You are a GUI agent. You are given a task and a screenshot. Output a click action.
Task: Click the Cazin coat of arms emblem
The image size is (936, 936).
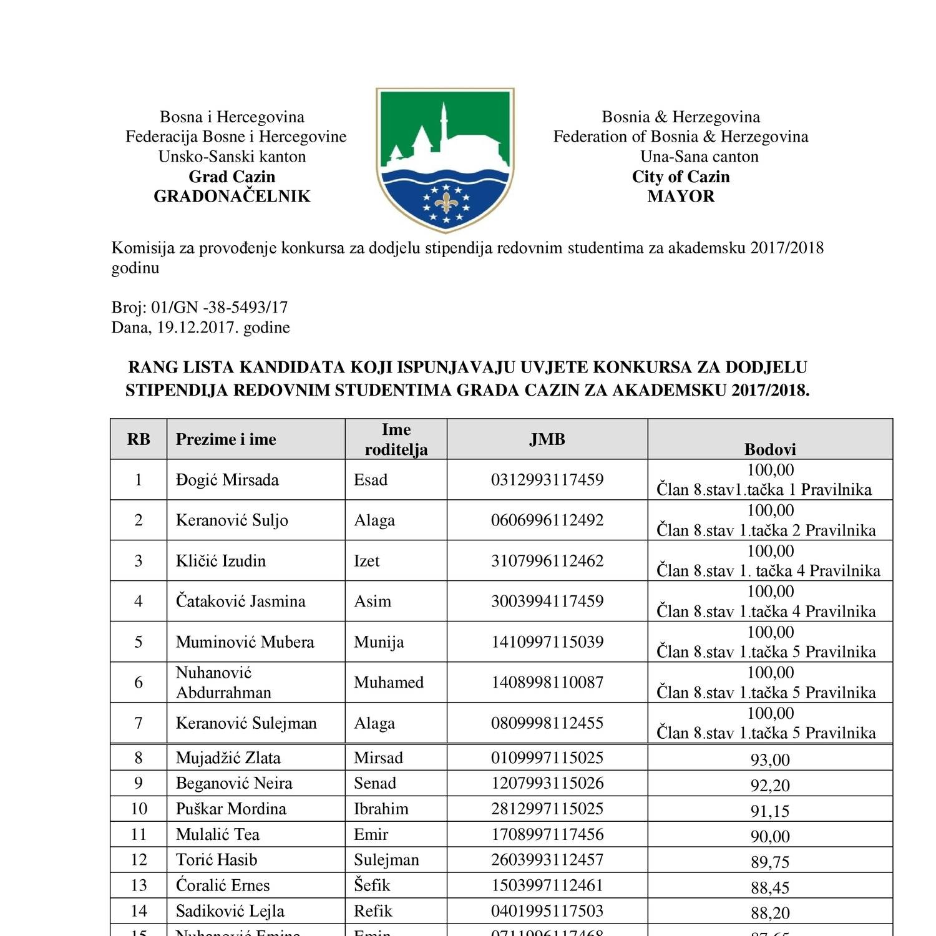pyautogui.click(x=445, y=159)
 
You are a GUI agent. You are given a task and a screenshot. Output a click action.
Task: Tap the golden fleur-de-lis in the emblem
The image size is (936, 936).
pyautogui.click(x=446, y=202)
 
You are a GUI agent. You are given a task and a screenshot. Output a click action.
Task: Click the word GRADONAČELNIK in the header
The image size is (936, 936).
pyautogui.click(x=232, y=197)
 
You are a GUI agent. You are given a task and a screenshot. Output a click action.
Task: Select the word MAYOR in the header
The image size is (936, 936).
pyautogui.click(x=681, y=197)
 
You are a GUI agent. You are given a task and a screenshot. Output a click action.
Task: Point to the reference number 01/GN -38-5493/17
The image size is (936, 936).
pyautogui.click(x=220, y=308)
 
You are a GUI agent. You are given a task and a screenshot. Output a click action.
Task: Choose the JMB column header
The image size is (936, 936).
pyautogui.click(x=547, y=439)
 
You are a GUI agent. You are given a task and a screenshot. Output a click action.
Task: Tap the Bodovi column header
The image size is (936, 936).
pyautogui.click(x=770, y=449)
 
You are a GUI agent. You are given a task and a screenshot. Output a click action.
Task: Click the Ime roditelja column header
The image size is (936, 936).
pyautogui.click(x=396, y=439)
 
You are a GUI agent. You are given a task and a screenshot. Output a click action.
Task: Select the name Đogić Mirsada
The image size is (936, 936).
pyautogui.click(x=227, y=480)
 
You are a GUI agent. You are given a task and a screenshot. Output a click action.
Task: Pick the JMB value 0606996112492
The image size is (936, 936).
pyautogui.click(x=547, y=520)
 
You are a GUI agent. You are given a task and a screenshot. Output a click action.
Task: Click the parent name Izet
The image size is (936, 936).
pyautogui.click(x=366, y=561)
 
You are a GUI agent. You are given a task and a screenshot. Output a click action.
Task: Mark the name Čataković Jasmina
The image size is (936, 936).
pyautogui.click(x=240, y=602)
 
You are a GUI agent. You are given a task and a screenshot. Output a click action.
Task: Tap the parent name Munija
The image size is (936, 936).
pyautogui.click(x=379, y=642)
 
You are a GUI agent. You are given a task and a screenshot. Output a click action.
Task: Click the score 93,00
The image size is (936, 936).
pyautogui.click(x=770, y=760)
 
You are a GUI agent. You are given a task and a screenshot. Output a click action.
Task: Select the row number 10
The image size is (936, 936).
pyautogui.click(x=139, y=809)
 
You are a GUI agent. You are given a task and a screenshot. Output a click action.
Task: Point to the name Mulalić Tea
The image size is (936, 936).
pyautogui.click(x=217, y=834)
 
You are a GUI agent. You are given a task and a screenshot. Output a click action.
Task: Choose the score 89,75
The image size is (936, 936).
pyautogui.click(x=770, y=862)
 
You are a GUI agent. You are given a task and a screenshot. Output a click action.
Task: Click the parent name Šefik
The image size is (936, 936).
pyautogui.click(x=372, y=885)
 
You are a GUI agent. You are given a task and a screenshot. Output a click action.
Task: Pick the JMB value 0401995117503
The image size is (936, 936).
pyautogui.click(x=547, y=911)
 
